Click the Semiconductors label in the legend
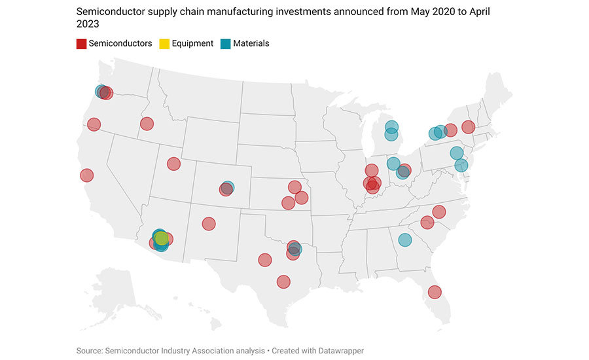120,44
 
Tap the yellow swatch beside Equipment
164,44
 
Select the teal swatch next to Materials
225,44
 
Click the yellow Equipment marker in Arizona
162,238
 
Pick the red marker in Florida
434,292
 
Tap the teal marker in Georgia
404,240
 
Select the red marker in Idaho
147,124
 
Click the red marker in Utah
173,164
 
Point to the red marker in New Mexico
209,224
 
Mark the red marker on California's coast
86,175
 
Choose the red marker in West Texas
264,260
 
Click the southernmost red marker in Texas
283,281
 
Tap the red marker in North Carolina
438,211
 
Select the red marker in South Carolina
427,223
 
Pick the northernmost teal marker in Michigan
391,126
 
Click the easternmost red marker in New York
468,126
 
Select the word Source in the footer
90,351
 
